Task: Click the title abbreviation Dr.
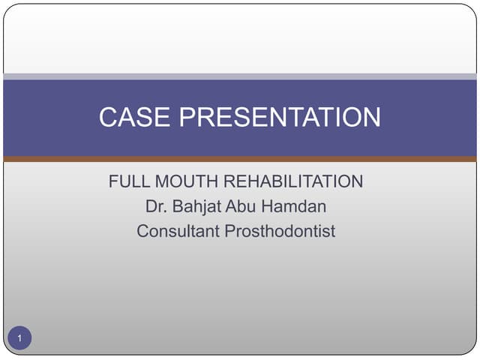(154, 206)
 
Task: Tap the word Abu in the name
(241, 206)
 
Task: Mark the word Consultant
(178, 231)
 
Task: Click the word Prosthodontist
(280, 231)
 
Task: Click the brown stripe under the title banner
(240, 159)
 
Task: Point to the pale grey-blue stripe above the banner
(240, 76)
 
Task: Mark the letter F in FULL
(113, 181)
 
